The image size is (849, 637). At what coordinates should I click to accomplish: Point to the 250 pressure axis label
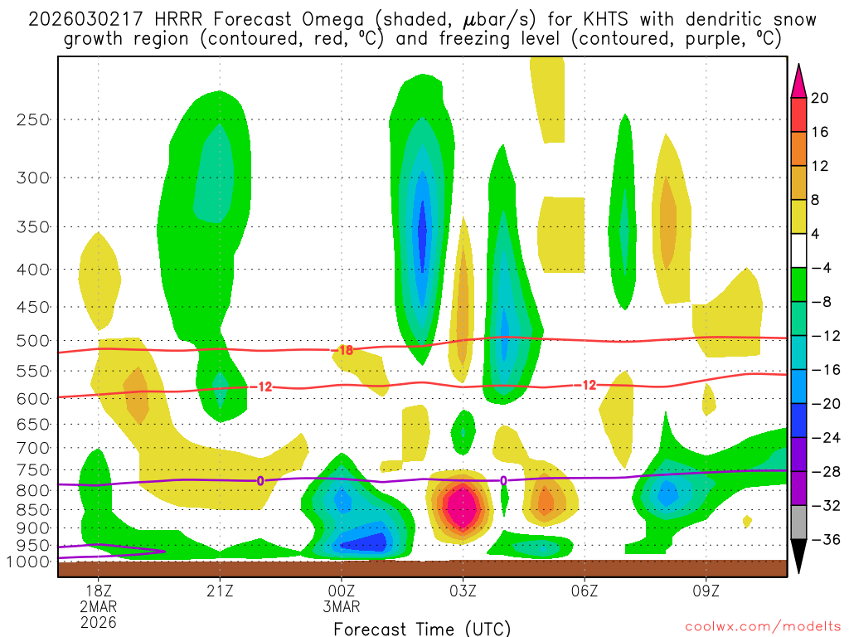coord(33,119)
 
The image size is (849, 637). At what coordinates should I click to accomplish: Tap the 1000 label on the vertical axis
coord(29,562)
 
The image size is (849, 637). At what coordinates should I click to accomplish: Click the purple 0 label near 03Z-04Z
coord(503,480)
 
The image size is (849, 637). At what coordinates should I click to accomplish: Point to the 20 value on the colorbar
coord(820,98)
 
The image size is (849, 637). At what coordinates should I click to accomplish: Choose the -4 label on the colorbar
coord(820,268)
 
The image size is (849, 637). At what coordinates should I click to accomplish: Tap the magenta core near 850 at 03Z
coord(462,508)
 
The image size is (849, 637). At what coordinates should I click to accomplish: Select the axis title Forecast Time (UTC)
coord(422,628)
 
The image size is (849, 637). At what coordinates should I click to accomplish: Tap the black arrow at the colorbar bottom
coord(799,561)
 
